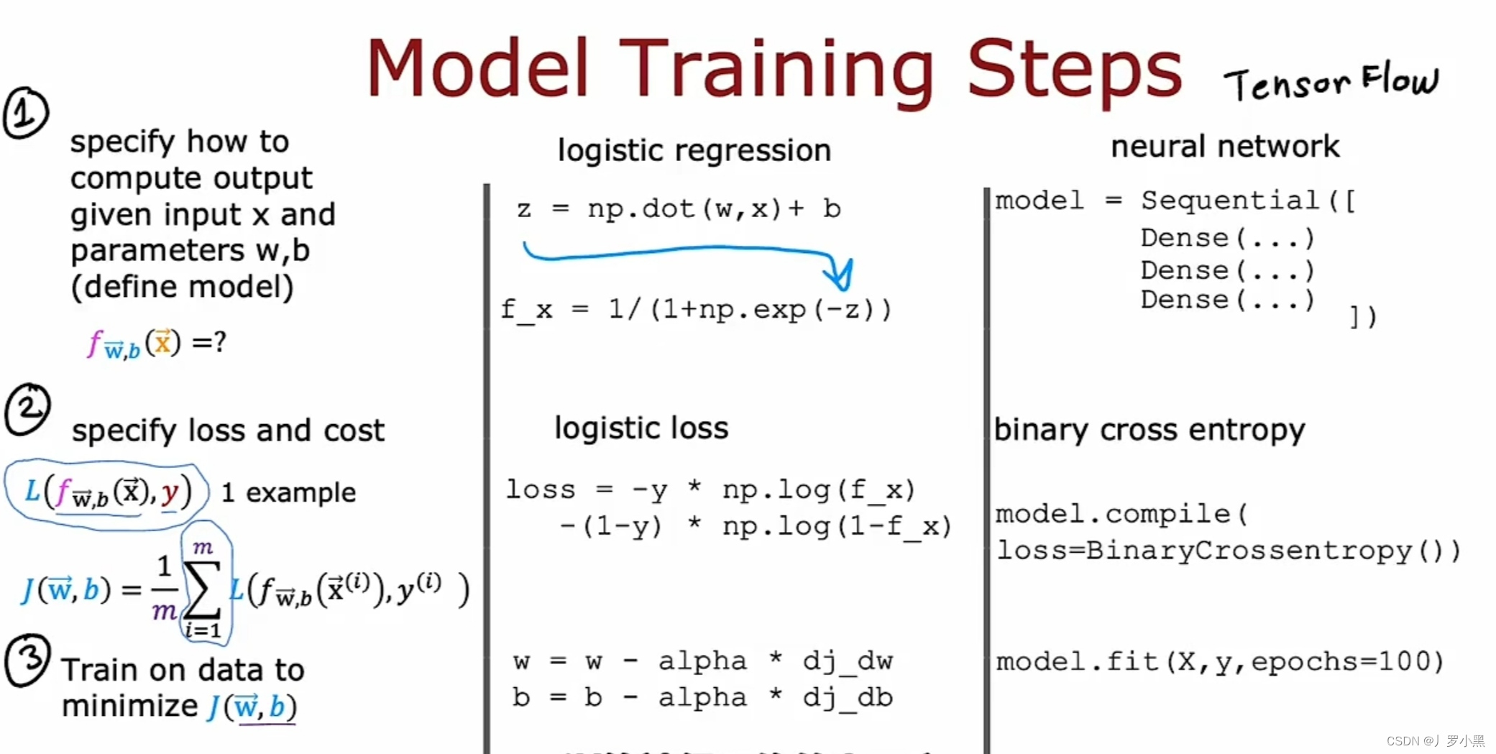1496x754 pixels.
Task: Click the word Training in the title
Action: pos(776,70)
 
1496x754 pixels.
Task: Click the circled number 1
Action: pos(26,113)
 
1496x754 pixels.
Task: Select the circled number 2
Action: pos(27,409)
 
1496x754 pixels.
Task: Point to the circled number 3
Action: pos(27,660)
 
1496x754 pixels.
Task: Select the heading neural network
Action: pos(1225,147)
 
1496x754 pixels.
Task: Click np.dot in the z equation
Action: pos(641,208)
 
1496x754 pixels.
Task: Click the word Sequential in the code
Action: pos(1230,201)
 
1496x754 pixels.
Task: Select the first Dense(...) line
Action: pos(1228,238)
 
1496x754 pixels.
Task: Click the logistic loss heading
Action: pos(641,428)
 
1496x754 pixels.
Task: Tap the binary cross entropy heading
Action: pos(1149,431)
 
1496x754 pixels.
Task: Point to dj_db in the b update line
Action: pos(848,698)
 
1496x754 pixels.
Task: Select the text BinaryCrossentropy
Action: pos(1249,551)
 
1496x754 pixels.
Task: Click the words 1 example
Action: pos(288,493)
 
